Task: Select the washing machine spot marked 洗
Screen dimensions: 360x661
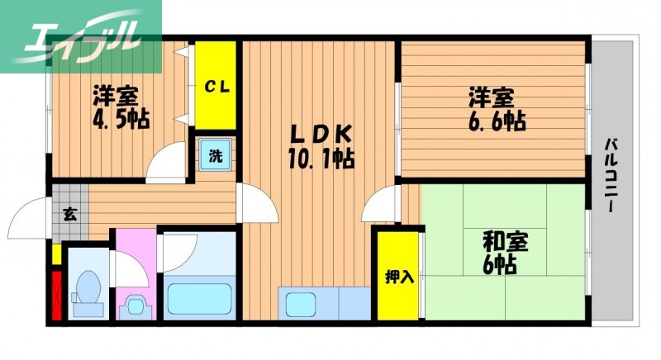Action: pos(216,154)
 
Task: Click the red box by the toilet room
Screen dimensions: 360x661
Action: pos(57,291)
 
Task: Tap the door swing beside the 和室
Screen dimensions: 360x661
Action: pos(381,203)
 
